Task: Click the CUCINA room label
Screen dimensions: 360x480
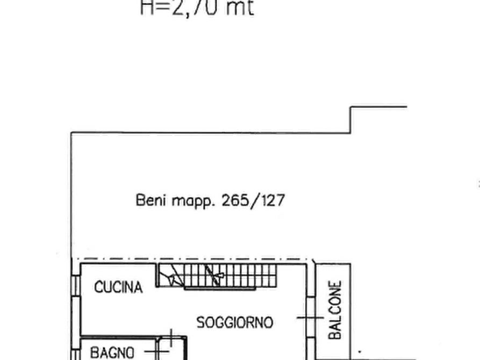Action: [x=119, y=287]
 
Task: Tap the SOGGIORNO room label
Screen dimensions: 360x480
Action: [x=234, y=322]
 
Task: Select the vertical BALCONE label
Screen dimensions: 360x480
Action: [x=335, y=311]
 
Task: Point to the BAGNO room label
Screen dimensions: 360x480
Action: [x=112, y=353]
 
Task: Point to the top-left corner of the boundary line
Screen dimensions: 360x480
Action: [x=69, y=129]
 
